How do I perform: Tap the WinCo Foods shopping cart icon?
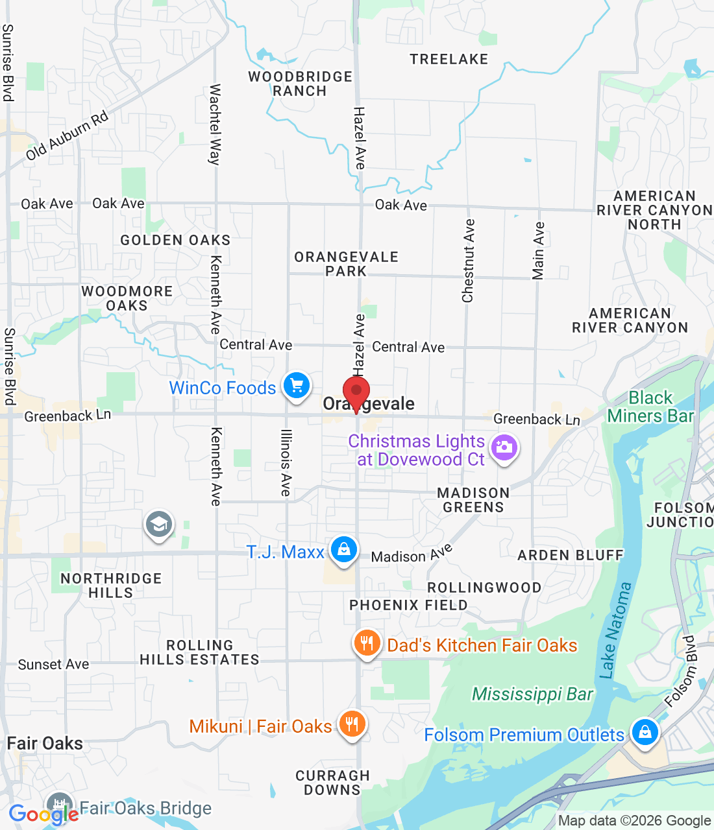(x=297, y=386)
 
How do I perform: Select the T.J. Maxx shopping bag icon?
(x=343, y=550)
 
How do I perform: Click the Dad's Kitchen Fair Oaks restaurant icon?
(x=367, y=643)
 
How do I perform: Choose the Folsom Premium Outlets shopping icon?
(x=645, y=733)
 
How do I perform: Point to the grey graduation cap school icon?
(x=159, y=524)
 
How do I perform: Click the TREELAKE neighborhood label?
(x=449, y=59)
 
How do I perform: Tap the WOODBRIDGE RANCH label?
(x=300, y=84)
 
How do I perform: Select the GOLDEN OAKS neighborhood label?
(x=175, y=240)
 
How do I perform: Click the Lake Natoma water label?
(x=616, y=630)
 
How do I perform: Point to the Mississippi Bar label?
(x=532, y=694)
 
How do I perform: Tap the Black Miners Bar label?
(x=650, y=407)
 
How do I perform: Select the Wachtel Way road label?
(x=215, y=124)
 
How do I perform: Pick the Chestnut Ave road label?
(x=468, y=261)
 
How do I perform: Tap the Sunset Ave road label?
(x=53, y=664)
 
